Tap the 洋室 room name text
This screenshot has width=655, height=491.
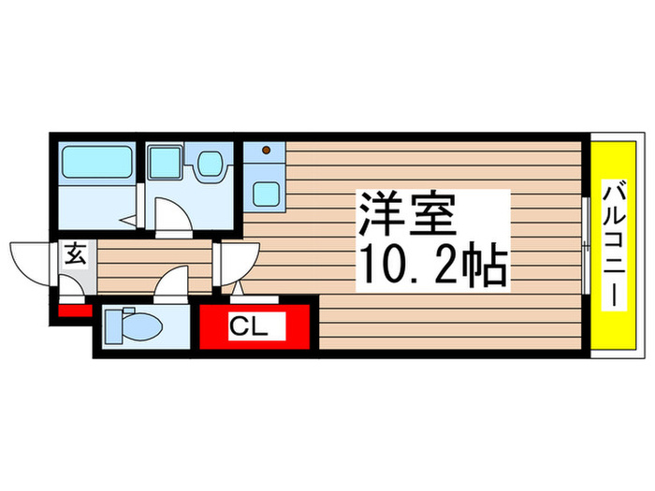coord(404,217)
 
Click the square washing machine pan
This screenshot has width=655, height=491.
coord(165,163)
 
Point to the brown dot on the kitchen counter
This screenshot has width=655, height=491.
coord(267,150)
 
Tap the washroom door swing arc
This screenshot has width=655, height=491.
coord(172,216)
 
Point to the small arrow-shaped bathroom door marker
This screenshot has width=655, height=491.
coord(127,222)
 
